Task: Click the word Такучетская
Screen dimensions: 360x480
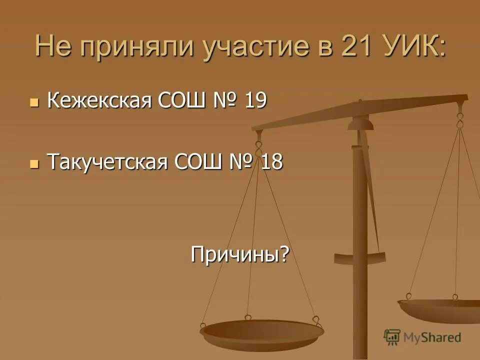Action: point(107,162)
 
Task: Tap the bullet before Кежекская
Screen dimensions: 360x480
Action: point(34,102)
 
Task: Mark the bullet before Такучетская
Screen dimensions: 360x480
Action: point(34,163)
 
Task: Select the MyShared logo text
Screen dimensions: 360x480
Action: point(432,337)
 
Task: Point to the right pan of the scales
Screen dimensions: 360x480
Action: point(440,307)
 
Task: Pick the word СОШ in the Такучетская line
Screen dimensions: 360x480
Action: point(197,162)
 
